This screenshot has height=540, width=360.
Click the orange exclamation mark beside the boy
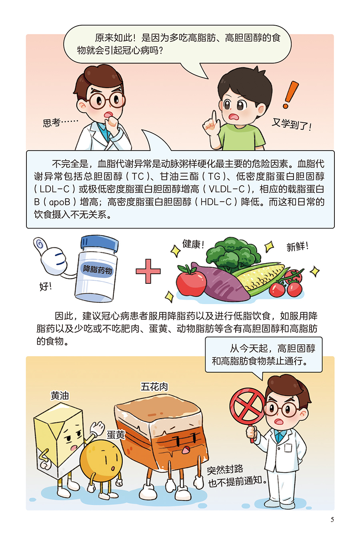coord(291,95)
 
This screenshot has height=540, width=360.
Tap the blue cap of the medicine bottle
coord(100,243)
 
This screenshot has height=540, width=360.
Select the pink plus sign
coord(148,271)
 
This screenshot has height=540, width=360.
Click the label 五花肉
coord(154,387)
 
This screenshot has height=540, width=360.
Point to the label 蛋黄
coord(116,435)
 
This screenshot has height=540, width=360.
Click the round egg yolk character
coord(101,461)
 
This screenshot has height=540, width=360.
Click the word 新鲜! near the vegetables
coord(297,246)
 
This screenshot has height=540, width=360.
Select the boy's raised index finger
coord(214,118)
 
